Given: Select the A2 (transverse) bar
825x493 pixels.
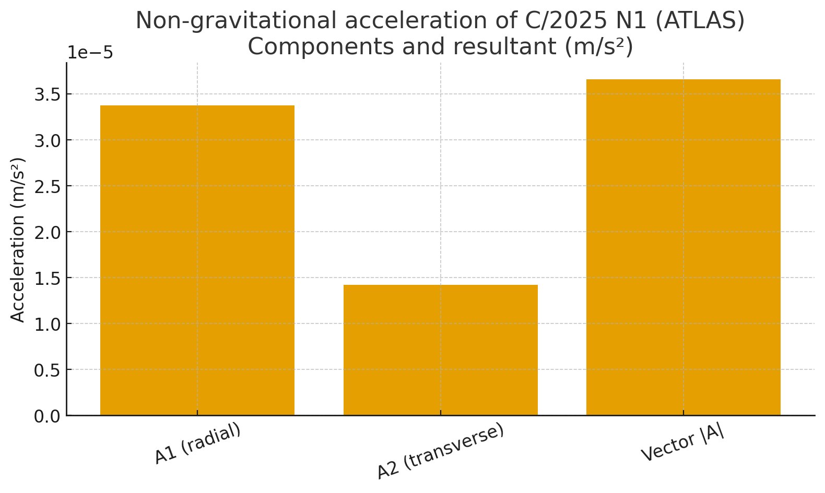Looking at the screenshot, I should pos(440,350).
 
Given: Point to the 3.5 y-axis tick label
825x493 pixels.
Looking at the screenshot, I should pos(46,94).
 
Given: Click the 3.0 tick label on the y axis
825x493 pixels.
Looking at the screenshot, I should pos(46,140).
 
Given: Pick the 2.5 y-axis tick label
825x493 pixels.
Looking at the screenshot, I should pos(46,186).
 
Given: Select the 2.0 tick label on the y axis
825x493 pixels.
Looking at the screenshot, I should pos(46,232).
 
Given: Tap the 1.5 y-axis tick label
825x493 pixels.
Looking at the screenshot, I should pos(46,278).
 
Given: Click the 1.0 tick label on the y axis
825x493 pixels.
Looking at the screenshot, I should pos(46,324).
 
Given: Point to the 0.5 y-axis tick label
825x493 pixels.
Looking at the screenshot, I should pos(46,370).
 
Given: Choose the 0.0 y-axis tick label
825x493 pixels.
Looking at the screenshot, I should pos(46,416).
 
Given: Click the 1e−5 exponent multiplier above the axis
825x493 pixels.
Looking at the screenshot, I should pos(90,53).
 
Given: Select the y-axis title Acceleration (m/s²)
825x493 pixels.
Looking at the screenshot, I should pos(18,239).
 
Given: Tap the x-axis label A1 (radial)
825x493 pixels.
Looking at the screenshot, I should pos(198,443).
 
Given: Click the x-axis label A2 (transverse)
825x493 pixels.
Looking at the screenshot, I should pos(440,451).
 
